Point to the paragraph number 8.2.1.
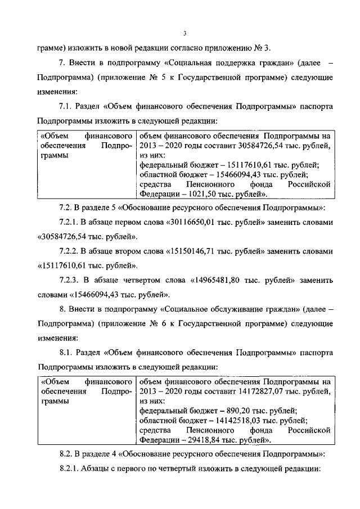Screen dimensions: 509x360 pos(70,468)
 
